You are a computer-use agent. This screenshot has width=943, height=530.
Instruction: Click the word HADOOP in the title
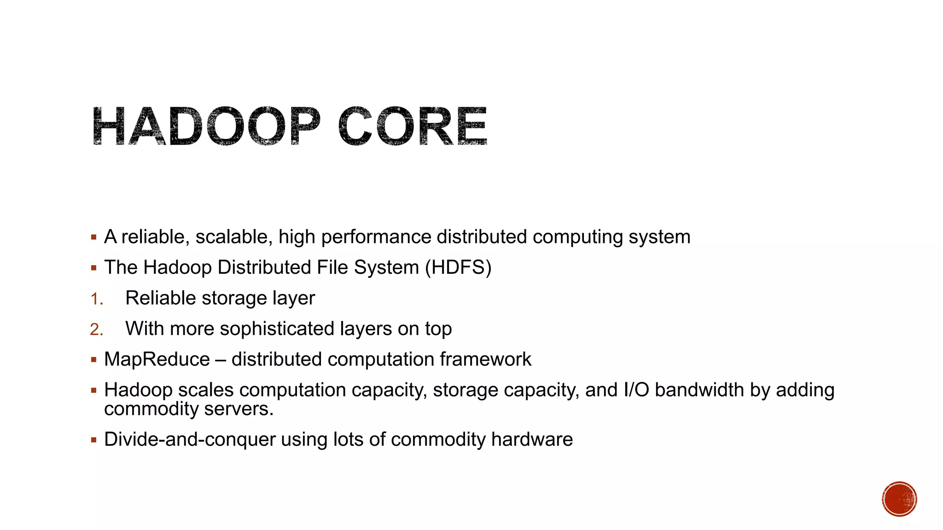(206, 126)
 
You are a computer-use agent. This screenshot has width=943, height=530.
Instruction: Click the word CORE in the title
(413, 126)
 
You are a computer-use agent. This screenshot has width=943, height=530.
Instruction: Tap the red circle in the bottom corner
(899, 499)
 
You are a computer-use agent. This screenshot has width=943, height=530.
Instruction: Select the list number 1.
(96, 299)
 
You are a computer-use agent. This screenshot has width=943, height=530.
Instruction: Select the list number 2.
(96, 329)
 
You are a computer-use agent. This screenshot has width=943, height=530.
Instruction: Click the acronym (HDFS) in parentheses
(458, 268)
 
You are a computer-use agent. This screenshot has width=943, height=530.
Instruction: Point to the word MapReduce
(157, 359)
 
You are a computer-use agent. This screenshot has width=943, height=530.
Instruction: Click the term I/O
(636, 390)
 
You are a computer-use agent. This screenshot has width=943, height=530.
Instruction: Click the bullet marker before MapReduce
(94, 360)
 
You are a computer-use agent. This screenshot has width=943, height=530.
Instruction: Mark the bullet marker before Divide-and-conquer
(94, 440)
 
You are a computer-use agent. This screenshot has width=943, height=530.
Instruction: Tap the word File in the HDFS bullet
(333, 268)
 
